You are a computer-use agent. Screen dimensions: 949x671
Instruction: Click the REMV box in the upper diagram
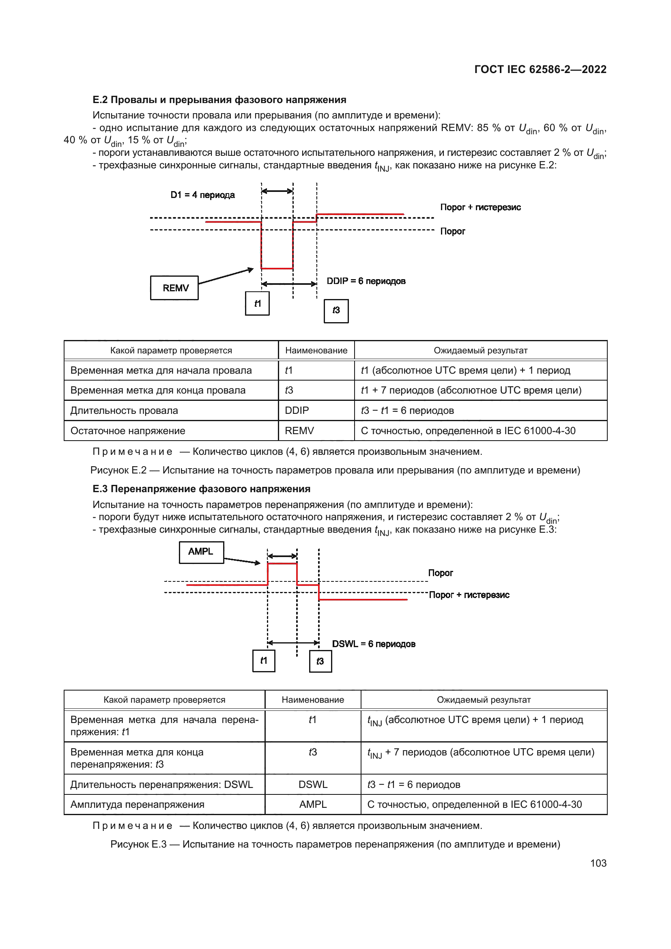[174, 288]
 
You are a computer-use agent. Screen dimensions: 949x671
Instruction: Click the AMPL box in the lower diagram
[201, 552]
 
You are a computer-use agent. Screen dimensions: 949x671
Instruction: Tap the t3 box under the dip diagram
[336, 310]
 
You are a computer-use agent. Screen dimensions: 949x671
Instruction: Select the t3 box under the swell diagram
[320, 661]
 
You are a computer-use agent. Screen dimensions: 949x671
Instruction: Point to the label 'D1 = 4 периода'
[202, 195]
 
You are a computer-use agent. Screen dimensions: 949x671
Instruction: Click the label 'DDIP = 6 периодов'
[366, 281]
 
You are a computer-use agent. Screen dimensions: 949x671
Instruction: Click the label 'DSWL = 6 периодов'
[373, 643]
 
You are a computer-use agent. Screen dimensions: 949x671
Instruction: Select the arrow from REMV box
[226, 277]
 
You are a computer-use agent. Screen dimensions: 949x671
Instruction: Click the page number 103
[598, 863]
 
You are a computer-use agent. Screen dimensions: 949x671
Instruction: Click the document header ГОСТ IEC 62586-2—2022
[540, 69]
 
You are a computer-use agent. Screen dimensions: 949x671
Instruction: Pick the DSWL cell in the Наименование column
[313, 784]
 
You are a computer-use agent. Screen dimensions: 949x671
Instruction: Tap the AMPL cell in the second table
[313, 804]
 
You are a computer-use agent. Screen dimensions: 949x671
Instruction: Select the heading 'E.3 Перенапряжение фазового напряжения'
[201, 489]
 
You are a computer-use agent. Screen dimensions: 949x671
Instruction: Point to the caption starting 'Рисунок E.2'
[335, 470]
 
